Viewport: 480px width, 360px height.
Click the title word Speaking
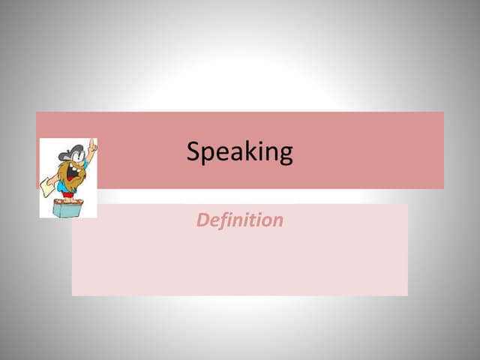pyautogui.click(x=240, y=152)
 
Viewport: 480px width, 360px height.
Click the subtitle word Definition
pyautogui.click(x=240, y=220)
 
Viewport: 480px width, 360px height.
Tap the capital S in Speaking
pyautogui.click(x=193, y=151)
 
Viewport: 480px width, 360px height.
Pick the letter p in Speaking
pyautogui.click(x=208, y=154)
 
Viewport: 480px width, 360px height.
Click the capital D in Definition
pyautogui.click(x=202, y=220)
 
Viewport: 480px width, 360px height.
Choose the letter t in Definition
pyautogui.click(x=253, y=220)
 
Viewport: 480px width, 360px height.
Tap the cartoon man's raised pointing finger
pyautogui.click(x=93, y=142)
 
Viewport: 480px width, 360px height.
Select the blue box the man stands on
pyautogui.click(x=67, y=208)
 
